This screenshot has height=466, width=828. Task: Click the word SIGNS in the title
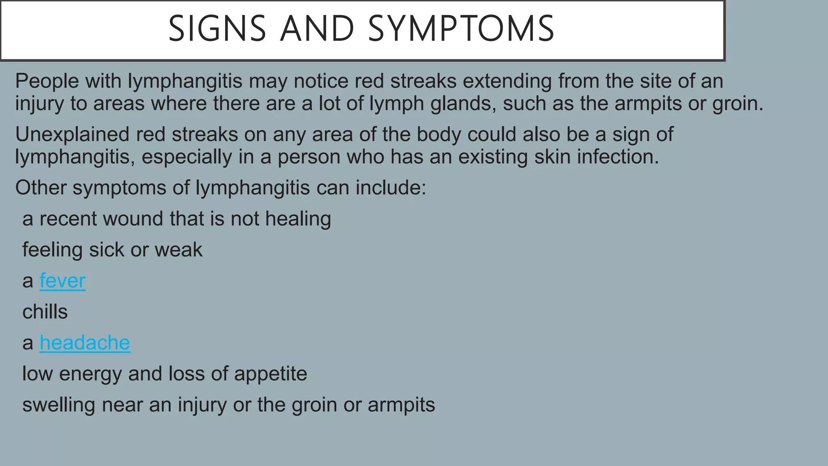click(x=217, y=29)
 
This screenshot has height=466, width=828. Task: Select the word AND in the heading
click(x=317, y=29)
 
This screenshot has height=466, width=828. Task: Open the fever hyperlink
click(x=62, y=281)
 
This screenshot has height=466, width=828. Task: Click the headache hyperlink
click(x=84, y=343)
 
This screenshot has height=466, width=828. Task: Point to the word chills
click(x=45, y=312)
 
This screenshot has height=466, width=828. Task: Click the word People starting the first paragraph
click(x=47, y=81)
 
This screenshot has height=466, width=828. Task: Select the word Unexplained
click(x=72, y=134)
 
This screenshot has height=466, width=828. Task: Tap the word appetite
click(x=270, y=374)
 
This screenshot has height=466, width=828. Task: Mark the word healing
click(x=298, y=219)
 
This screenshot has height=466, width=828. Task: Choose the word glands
click(x=463, y=104)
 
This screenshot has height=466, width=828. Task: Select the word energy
click(x=90, y=374)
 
